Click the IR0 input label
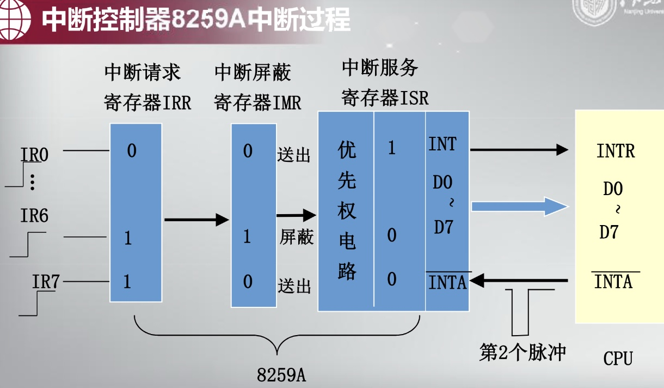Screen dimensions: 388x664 click(35, 155)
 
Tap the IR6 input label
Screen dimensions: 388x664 click(34, 216)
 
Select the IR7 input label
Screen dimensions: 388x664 click(46, 282)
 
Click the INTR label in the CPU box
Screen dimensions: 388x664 click(616, 151)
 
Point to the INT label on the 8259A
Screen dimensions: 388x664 click(442, 144)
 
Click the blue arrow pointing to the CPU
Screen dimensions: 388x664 click(520, 206)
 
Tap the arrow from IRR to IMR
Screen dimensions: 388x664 click(196, 220)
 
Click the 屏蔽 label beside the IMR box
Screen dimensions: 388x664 click(297, 237)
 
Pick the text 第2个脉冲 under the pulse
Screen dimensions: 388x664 click(522, 352)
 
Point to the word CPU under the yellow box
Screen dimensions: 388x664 click(618, 359)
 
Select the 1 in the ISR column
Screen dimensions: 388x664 click(392, 148)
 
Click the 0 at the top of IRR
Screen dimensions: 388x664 click(131, 150)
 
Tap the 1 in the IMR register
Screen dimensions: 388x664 click(247, 237)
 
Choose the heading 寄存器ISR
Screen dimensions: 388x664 click(385, 98)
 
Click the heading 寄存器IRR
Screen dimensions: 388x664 click(147, 102)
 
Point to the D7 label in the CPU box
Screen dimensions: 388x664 click(609, 232)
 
